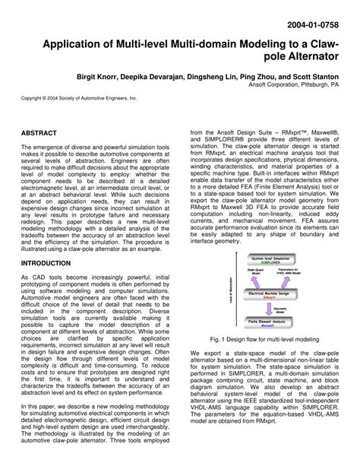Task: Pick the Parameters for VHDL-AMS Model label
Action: pos(289,275)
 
